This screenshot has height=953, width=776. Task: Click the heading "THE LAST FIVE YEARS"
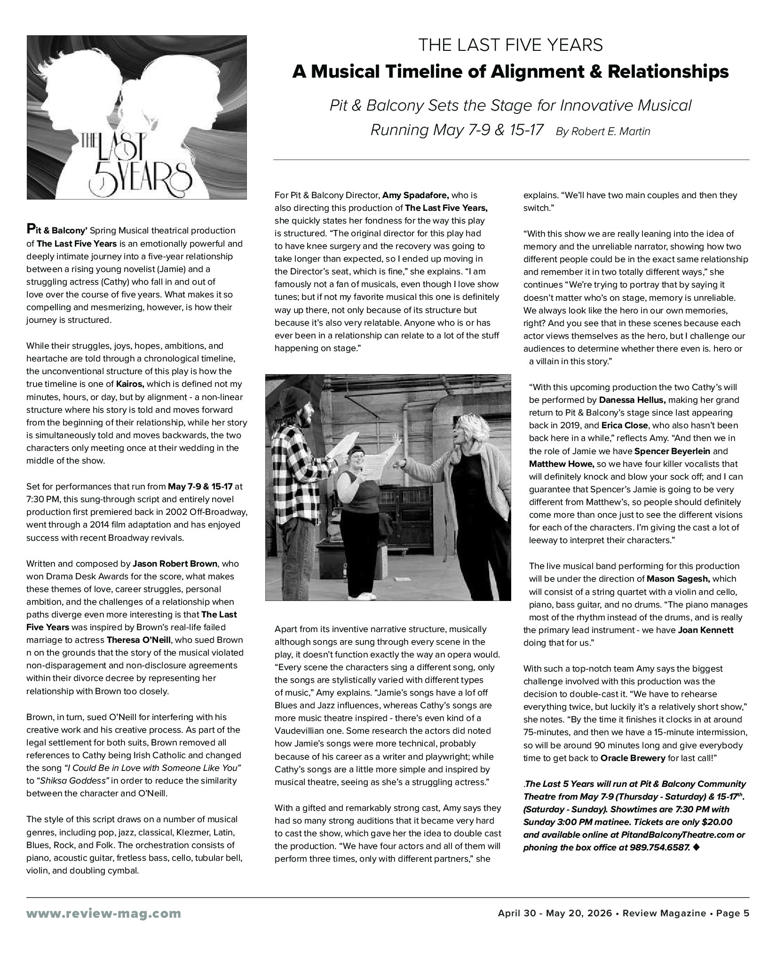pyautogui.click(x=510, y=45)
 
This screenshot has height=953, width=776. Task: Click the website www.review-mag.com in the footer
pyautogui.click(x=103, y=913)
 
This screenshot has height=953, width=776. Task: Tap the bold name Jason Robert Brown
pyautogui.click(x=175, y=564)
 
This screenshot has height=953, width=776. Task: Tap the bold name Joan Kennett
pyautogui.click(x=705, y=630)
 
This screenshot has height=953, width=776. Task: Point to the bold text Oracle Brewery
pyautogui.click(x=633, y=758)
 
